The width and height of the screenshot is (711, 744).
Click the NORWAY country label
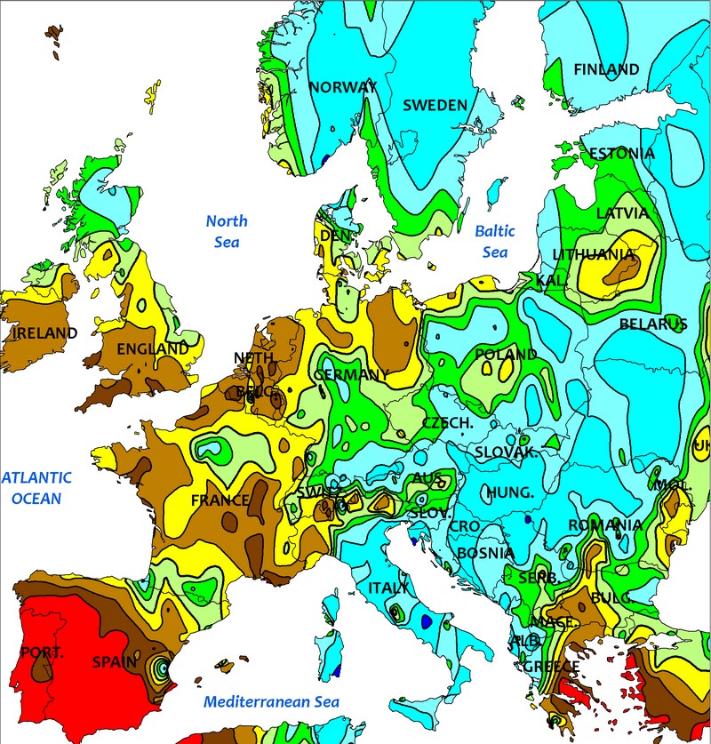tap(343, 87)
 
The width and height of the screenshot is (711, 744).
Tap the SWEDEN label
tap(435, 105)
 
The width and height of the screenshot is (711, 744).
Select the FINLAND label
tap(606, 69)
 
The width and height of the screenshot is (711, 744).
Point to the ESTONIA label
tap(621, 154)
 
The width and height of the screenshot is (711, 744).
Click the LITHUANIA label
tap(594, 255)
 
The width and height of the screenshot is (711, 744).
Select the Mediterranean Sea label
tap(271, 702)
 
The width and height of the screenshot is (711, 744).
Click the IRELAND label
tap(44, 333)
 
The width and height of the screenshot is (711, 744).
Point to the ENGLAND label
tap(153, 349)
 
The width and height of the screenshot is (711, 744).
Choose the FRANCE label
tap(220, 500)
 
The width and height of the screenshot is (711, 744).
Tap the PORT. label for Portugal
tap(42, 653)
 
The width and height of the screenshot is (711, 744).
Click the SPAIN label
tap(116, 662)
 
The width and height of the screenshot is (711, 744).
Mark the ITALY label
tap(388, 588)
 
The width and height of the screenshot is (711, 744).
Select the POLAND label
tap(506, 355)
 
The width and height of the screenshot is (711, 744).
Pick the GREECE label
tap(550, 667)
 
